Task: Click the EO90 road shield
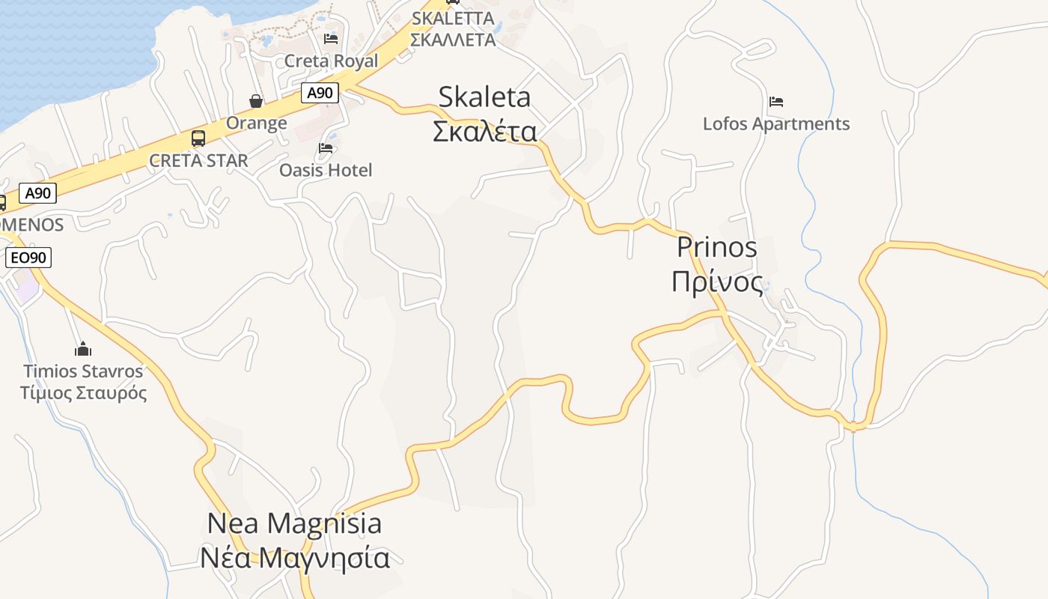pyautogui.click(x=28, y=258)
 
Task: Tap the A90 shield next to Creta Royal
pyautogui.click(x=320, y=93)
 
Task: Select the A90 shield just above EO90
pyautogui.click(x=37, y=193)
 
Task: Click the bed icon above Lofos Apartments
pyautogui.click(x=776, y=101)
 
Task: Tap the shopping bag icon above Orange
pyautogui.click(x=256, y=101)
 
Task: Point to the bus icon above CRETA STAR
pyautogui.click(x=198, y=139)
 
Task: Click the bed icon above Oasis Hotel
pyautogui.click(x=326, y=148)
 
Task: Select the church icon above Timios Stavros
pyautogui.click(x=83, y=349)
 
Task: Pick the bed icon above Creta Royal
pyautogui.click(x=331, y=38)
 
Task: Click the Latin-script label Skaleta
pyautogui.click(x=484, y=97)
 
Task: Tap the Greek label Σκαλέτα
pyautogui.click(x=484, y=131)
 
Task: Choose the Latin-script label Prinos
pyautogui.click(x=716, y=247)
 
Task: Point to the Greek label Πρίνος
pyautogui.click(x=716, y=282)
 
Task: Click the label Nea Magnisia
pyautogui.click(x=294, y=523)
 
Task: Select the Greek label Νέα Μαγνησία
pyautogui.click(x=294, y=558)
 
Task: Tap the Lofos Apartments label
pyautogui.click(x=776, y=124)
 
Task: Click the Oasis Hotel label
pyautogui.click(x=326, y=170)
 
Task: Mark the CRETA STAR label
pyautogui.click(x=198, y=160)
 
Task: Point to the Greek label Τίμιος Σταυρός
pyautogui.click(x=83, y=392)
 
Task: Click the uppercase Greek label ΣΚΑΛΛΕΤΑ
pyautogui.click(x=453, y=40)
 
